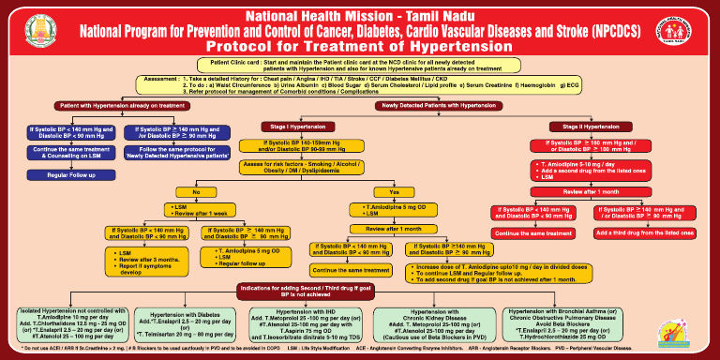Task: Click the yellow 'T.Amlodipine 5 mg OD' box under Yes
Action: coord(394,209)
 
